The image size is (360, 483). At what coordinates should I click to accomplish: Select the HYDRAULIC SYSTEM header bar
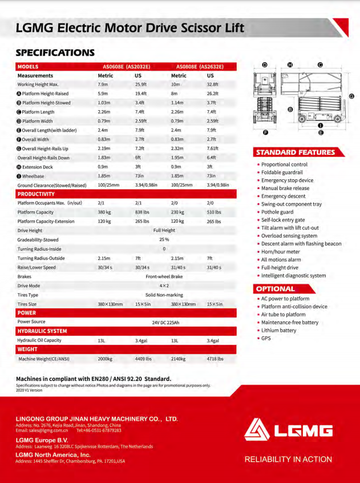pos(42,331)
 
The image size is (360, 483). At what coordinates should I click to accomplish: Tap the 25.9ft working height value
pos(140,84)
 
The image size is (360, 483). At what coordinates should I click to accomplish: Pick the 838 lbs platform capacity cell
pos(141,212)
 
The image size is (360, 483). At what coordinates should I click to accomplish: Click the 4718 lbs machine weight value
pos(215,359)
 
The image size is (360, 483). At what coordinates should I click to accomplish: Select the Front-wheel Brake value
pos(164,276)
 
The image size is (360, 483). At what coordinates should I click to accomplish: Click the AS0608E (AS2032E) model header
pos(124,67)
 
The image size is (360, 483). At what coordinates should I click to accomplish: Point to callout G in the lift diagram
pos(352,96)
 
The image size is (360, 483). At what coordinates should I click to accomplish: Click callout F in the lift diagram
pos(265,132)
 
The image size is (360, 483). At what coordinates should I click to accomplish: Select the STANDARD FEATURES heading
pos(296,152)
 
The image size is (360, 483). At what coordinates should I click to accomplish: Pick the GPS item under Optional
pos(266,339)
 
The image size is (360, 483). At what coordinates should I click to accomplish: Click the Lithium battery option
pos(279,331)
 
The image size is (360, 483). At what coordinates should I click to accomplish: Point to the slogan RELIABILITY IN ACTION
pos(288,459)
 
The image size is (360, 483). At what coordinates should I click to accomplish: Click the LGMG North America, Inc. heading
pos(53,454)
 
